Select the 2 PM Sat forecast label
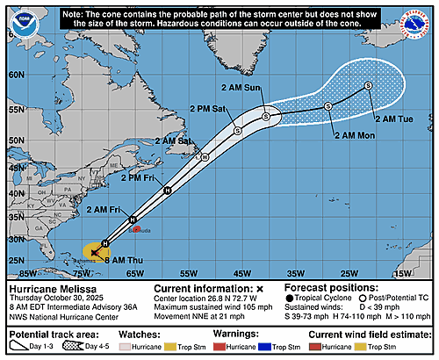(207, 109)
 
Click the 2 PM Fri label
(137, 179)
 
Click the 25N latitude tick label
(16, 260)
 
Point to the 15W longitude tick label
(402, 274)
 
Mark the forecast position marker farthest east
(368, 85)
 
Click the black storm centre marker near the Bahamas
(94, 252)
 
